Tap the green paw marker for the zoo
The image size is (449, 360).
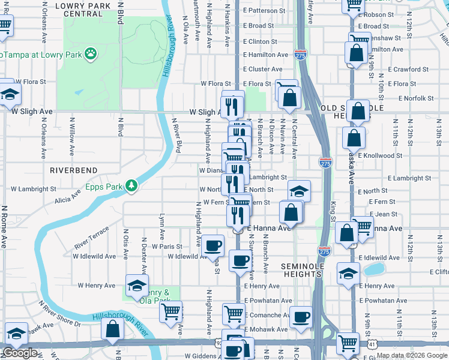[x=91, y=54]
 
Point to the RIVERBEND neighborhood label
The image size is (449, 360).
[x=73, y=170]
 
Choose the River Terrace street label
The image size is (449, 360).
[x=92, y=238]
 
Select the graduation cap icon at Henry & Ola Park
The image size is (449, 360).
[x=137, y=284]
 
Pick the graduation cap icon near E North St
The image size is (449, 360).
[x=299, y=191]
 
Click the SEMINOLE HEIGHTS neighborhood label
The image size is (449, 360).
[x=302, y=269]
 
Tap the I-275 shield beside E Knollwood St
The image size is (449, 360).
[x=325, y=162]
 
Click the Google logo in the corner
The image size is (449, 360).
[x=20, y=353]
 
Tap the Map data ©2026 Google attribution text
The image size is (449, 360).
[x=412, y=355]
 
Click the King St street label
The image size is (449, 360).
[x=332, y=212]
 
